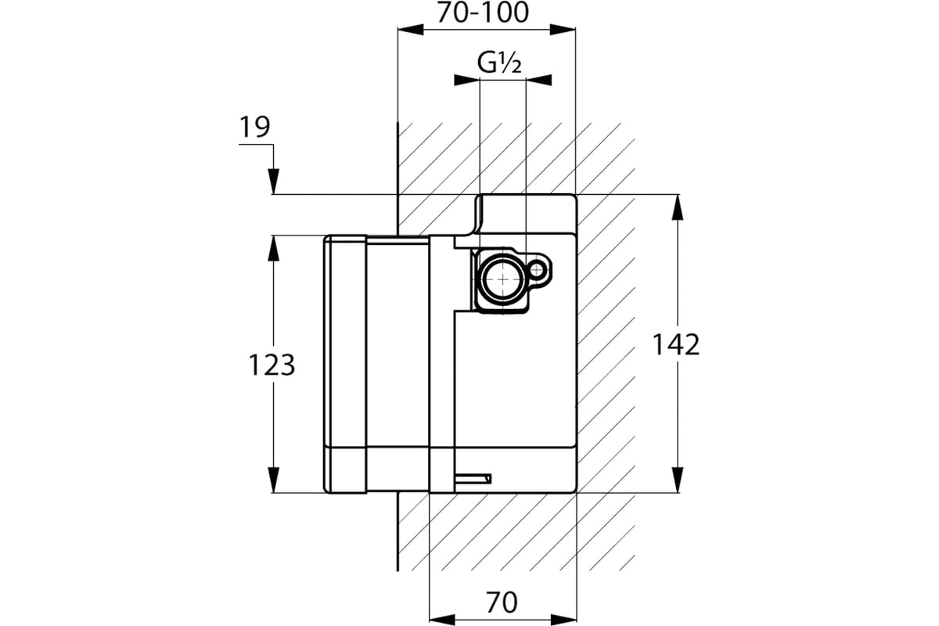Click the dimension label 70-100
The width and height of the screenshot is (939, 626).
[483, 13]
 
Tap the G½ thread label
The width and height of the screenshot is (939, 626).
[499, 63]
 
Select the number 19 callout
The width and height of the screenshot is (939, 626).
[255, 127]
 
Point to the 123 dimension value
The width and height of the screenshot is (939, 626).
[272, 365]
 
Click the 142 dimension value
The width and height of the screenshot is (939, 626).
[676, 345]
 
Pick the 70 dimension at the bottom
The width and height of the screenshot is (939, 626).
[502, 602]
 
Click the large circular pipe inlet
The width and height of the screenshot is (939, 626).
[502, 279]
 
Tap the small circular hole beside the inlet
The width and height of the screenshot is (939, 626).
[537, 270]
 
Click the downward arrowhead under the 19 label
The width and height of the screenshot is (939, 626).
[273, 182]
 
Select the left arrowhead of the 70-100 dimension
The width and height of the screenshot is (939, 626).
[411, 30]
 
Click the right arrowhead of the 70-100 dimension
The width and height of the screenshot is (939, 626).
[563, 30]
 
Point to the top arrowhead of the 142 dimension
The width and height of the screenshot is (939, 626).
[678, 207]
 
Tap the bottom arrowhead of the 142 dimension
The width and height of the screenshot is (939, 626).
[678, 480]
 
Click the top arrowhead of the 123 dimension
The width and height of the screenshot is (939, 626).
[273, 248]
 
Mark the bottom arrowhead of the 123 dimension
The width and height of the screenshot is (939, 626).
[273, 480]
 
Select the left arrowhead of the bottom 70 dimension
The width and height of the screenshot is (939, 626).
[442, 619]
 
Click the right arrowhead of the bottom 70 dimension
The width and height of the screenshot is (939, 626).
[564, 619]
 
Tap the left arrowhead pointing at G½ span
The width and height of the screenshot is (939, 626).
[467, 80]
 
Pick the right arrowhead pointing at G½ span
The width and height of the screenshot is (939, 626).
[539, 80]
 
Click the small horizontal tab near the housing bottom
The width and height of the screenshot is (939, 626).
[473, 478]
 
